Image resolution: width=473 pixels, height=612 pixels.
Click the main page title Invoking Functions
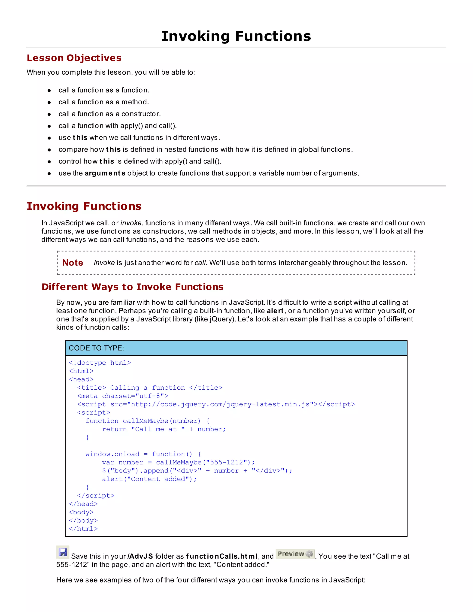[236, 36]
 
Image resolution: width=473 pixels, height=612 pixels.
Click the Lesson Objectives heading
[74, 58]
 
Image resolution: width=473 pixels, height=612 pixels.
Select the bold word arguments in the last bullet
[105, 173]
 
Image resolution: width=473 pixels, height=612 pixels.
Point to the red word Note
[73, 263]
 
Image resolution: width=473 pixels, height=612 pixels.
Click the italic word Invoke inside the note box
[104, 263]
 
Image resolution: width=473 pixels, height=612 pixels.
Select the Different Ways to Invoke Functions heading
[132, 287]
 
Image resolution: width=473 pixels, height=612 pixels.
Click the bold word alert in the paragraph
[275, 311]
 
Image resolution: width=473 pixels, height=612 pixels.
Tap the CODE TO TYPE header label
[96, 348]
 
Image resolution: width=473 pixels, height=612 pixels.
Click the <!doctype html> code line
[100, 363]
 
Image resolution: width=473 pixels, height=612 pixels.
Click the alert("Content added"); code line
[149, 479]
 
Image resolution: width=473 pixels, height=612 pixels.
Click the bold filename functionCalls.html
[222, 557]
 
